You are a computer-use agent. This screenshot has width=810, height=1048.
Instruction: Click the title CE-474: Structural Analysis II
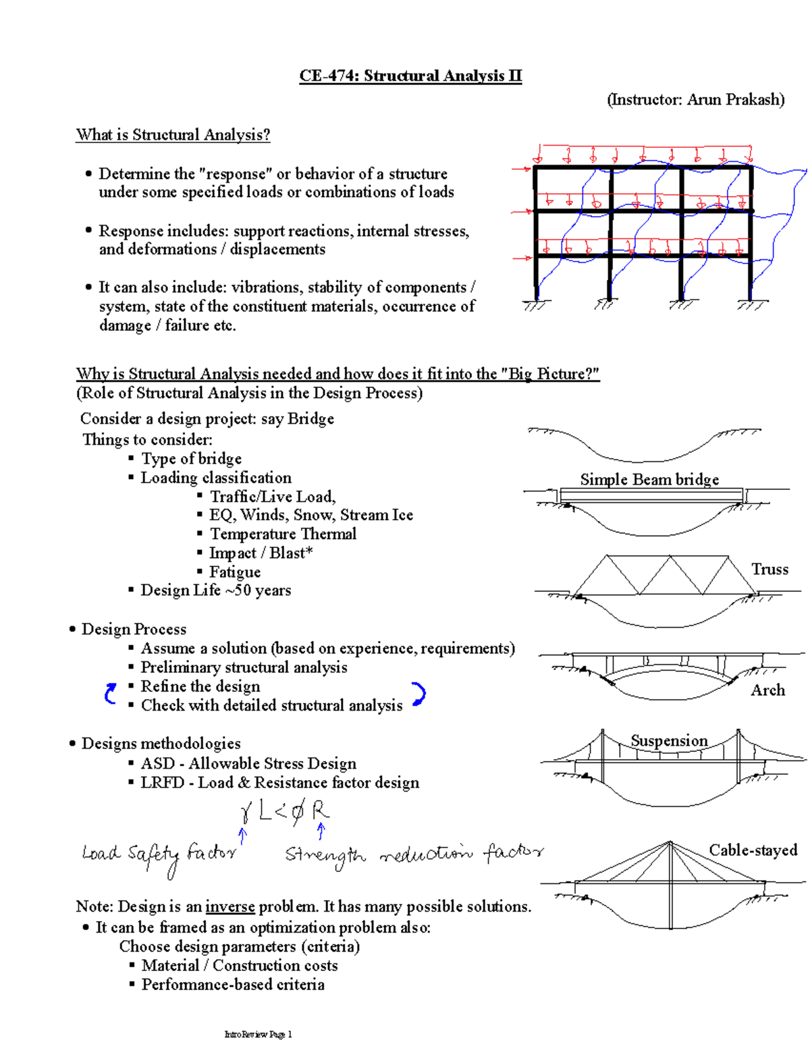[x=410, y=76]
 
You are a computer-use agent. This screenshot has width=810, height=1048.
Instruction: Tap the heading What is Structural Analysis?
[x=173, y=135]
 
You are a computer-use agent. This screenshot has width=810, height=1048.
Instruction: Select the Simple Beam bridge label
[x=649, y=479]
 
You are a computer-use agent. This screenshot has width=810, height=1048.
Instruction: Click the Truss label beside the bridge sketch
[x=769, y=569]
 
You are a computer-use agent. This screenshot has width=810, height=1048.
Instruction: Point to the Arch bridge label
[x=767, y=690]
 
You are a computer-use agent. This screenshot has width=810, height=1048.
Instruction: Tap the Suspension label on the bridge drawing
[x=669, y=740]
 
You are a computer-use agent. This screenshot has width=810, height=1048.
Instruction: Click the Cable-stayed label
[x=753, y=850]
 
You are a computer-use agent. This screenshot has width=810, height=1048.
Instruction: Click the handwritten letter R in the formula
[x=319, y=810]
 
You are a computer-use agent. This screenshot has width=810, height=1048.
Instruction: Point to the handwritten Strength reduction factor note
[x=413, y=856]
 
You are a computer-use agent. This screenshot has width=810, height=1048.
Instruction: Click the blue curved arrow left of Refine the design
[x=111, y=694]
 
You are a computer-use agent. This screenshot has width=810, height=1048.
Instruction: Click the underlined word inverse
[x=230, y=906]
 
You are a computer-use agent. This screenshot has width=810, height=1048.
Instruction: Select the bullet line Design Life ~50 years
[x=215, y=590]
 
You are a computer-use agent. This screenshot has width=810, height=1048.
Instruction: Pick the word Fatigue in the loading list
[x=234, y=572]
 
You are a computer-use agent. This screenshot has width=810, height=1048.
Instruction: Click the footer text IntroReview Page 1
[x=258, y=1035]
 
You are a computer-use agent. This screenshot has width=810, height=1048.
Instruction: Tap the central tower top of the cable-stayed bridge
[x=670, y=843]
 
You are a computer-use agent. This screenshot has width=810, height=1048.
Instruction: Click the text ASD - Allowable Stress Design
[x=248, y=763]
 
